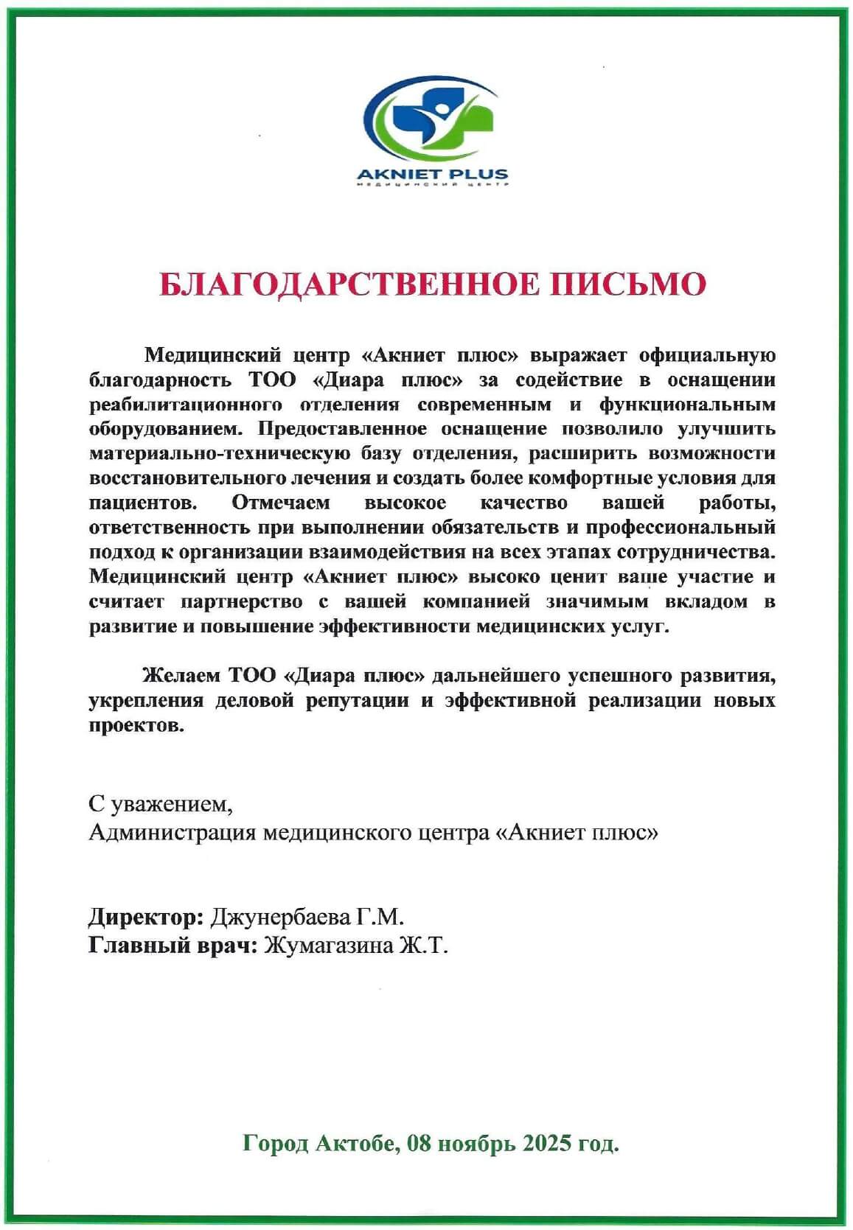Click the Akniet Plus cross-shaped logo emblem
click(x=430, y=118)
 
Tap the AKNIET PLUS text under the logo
click(x=432, y=175)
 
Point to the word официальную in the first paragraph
click(x=707, y=355)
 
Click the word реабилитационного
click(x=185, y=405)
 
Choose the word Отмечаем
click(x=281, y=503)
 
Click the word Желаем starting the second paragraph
click(x=181, y=675)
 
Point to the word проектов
click(x=136, y=725)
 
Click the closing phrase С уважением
click(x=161, y=804)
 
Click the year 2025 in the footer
click(x=547, y=1143)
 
